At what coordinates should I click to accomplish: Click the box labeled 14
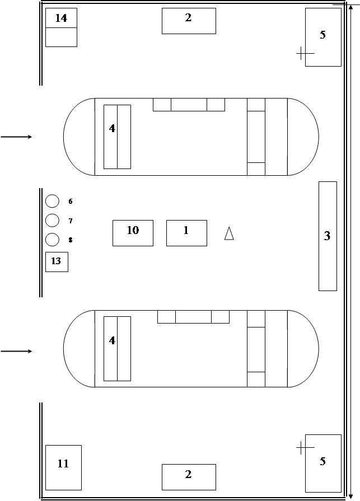click(x=62, y=27)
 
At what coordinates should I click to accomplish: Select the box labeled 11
click(x=64, y=467)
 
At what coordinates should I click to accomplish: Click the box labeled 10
click(x=133, y=233)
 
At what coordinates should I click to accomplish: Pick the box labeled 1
click(x=186, y=233)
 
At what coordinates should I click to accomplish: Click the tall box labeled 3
click(x=328, y=236)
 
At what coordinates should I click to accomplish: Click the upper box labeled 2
click(x=189, y=21)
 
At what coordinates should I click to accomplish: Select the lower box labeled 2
click(x=189, y=477)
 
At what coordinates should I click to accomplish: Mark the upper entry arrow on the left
click(x=16, y=137)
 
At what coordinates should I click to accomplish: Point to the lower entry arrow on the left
click(x=16, y=351)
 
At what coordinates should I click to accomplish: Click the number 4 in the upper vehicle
click(x=112, y=128)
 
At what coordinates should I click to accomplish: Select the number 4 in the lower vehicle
click(x=112, y=340)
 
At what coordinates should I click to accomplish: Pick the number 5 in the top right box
click(x=322, y=35)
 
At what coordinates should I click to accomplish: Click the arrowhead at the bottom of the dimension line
click(x=350, y=496)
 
